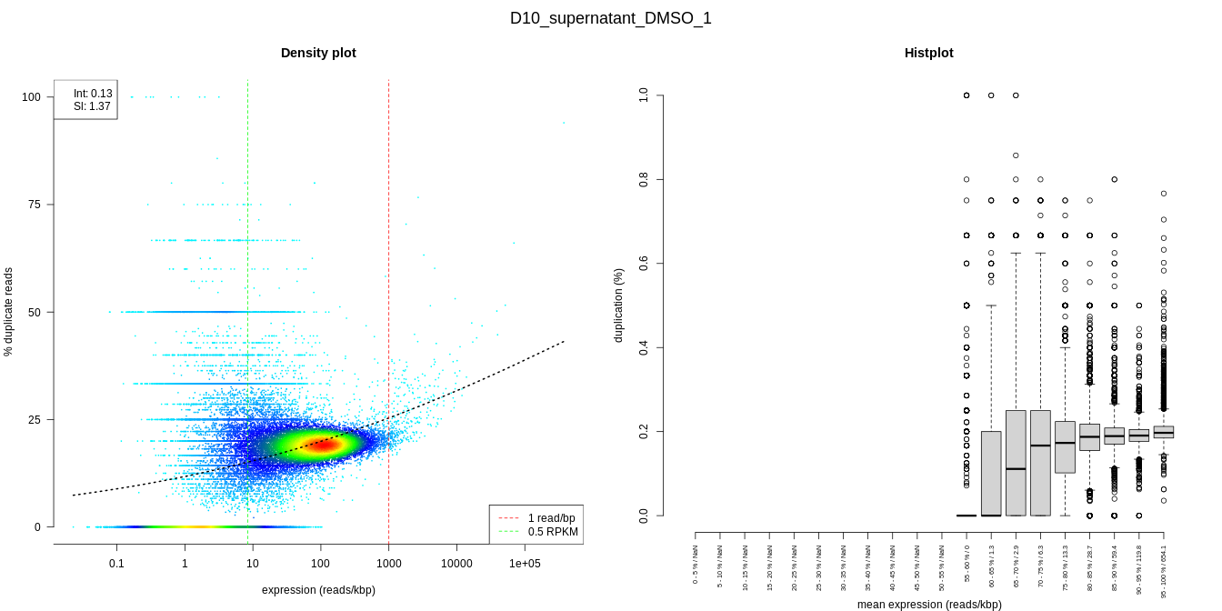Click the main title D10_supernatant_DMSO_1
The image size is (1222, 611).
point(611,18)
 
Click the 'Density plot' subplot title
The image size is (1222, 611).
point(318,53)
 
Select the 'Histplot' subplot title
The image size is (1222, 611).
point(928,53)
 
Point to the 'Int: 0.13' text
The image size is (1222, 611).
point(93,93)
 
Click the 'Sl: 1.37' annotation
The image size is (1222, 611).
point(92,106)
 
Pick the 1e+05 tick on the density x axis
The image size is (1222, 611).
point(525,564)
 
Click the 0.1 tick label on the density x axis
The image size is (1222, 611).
point(116,564)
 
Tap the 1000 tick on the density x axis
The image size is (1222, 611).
point(389,564)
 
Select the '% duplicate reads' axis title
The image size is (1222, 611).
point(9,312)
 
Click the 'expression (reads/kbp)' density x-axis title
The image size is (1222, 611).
point(318,590)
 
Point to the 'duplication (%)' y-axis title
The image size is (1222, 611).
point(619,305)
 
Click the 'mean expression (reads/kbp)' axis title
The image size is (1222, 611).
point(929,604)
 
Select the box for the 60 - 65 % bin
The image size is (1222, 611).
point(991,473)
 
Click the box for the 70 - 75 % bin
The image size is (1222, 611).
point(1040,463)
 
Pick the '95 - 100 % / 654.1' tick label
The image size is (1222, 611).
point(1164,571)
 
